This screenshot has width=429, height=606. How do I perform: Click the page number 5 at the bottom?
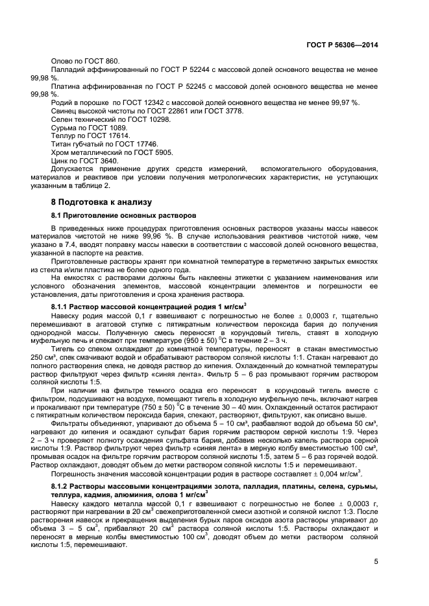(x=376, y=562)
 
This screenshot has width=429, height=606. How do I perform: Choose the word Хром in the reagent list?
(x=60, y=153)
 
